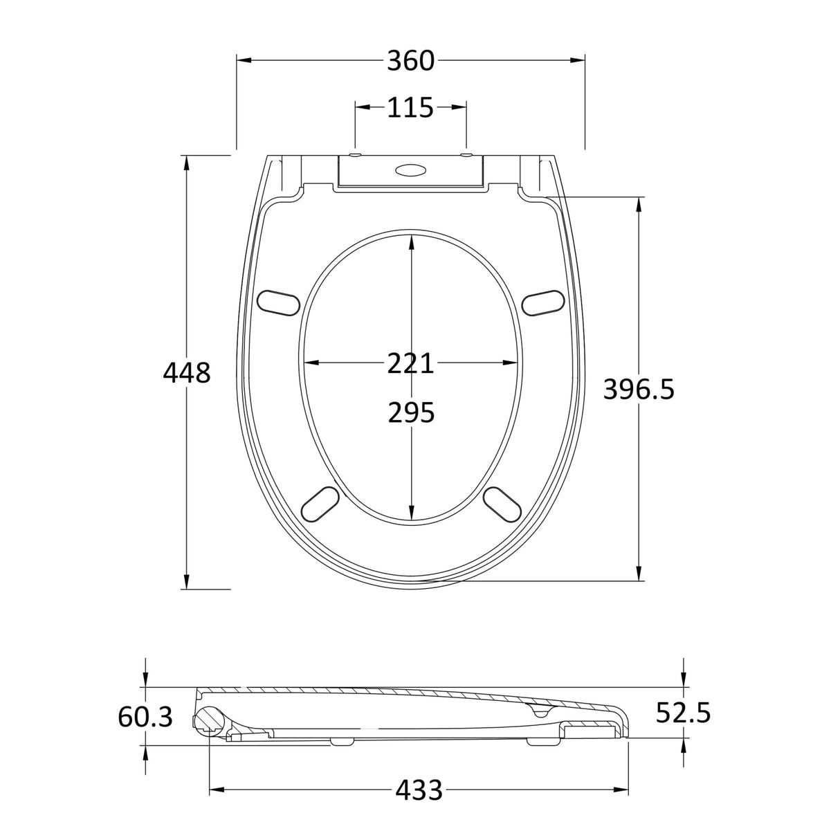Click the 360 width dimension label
pyautogui.click(x=410, y=61)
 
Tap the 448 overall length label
pyautogui.click(x=186, y=373)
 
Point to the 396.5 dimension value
pyautogui.click(x=638, y=390)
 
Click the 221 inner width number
pyautogui.click(x=410, y=363)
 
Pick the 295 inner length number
pyautogui.click(x=410, y=413)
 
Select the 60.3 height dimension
pyautogui.click(x=145, y=718)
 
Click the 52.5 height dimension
pyautogui.click(x=684, y=713)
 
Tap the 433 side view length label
pyautogui.click(x=419, y=789)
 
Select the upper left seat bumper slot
pyautogui.click(x=278, y=302)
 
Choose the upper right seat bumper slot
pyautogui.click(x=544, y=302)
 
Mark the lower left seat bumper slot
pyautogui.click(x=321, y=503)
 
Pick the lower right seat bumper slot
pyautogui.click(x=501, y=503)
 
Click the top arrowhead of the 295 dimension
pyautogui.click(x=412, y=241)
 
